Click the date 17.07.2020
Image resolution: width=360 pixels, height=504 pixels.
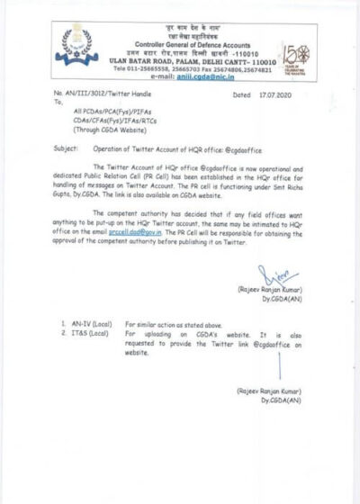[274, 94]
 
